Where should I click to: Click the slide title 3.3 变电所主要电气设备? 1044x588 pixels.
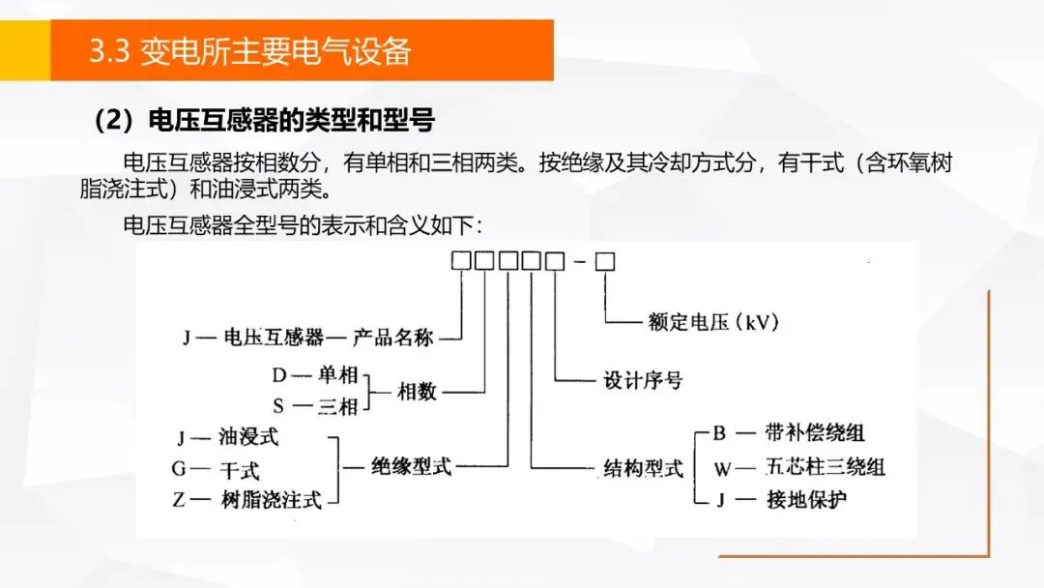point(249,51)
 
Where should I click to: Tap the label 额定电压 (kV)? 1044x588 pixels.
point(713,322)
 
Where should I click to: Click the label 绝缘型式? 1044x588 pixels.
point(411,467)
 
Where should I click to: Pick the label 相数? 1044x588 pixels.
point(418,392)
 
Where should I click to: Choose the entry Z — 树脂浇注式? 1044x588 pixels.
point(246,500)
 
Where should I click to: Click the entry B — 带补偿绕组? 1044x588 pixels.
point(789,433)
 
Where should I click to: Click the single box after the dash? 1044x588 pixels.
point(605,261)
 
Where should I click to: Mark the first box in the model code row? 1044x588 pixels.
point(462,261)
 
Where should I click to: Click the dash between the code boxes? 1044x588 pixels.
point(580,262)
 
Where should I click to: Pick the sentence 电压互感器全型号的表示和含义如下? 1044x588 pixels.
point(302,224)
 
